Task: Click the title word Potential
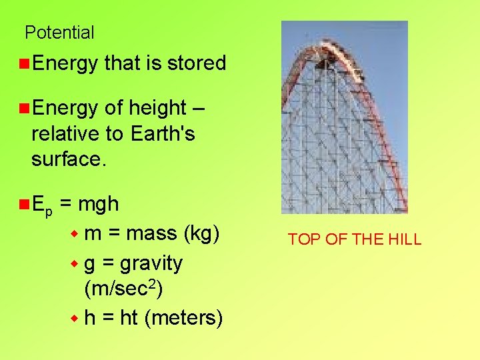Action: [x=59, y=32]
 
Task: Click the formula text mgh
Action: [x=98, y=203]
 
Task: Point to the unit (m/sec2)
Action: [x=123, y=290]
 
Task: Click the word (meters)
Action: [x=183, y=318]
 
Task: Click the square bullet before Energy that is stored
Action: [x=23, y=63]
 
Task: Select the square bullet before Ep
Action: [x=23, y=203]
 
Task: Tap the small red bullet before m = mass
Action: [x=75, y=234]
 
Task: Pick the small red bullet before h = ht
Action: [x=75, y=319]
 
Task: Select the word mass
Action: [x=149, y=233]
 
